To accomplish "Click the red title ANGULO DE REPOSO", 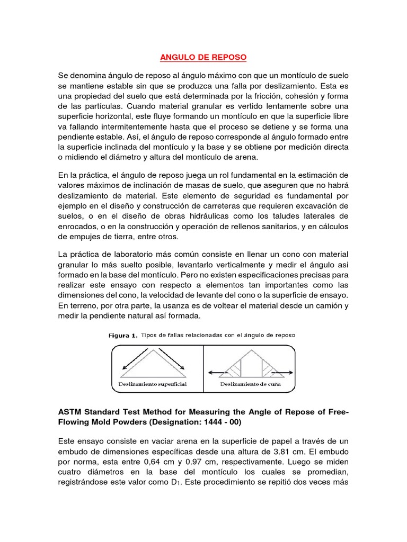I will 203,56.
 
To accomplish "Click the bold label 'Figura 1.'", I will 123,335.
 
